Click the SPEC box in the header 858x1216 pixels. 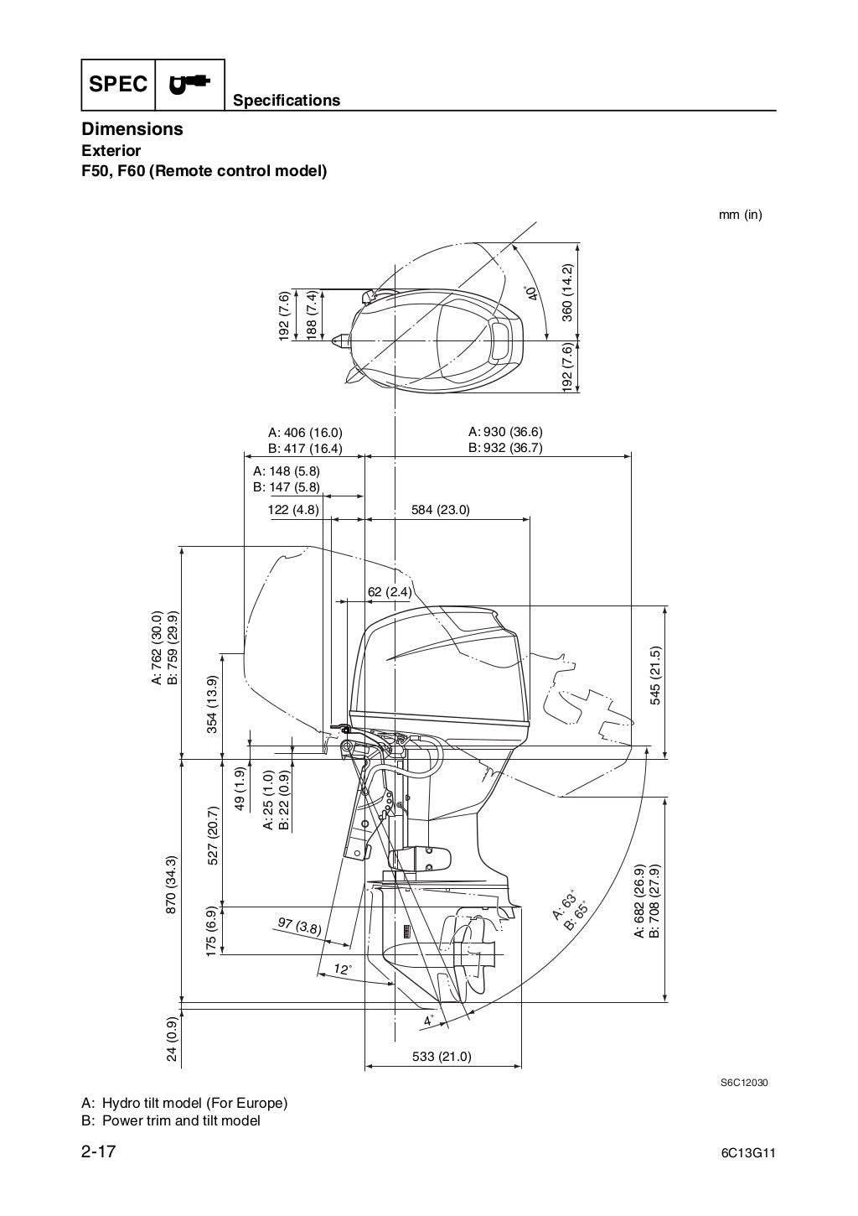118,85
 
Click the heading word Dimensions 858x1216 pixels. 132,129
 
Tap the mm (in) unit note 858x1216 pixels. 740,215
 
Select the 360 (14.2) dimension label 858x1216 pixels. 567,293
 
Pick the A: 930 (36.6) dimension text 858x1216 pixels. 505,432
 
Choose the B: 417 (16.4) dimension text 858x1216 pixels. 305,448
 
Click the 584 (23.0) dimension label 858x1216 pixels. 441,509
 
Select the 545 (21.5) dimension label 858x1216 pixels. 654,676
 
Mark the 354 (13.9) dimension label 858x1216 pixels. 212,704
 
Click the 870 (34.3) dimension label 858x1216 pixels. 172,885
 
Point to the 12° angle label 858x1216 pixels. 342,969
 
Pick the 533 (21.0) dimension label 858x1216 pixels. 442,1057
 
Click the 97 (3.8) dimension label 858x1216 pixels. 299,927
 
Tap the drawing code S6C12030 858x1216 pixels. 744,1082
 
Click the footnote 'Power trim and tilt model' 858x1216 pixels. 181,1120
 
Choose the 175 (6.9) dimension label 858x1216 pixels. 212,930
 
